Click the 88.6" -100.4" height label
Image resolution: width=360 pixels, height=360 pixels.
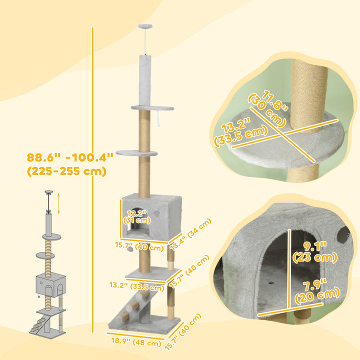70,157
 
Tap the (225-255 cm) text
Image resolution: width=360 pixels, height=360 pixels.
67,171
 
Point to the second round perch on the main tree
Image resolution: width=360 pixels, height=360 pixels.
136,153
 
